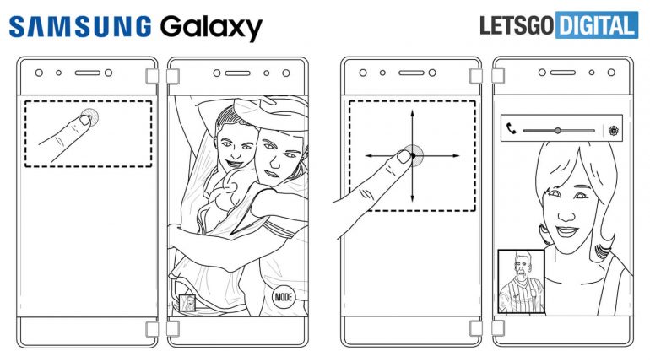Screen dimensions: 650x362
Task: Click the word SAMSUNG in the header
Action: coord(80,26)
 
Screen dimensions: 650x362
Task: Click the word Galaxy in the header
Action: coord(211,28)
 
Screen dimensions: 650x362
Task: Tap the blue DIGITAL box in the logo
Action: coord(597,24)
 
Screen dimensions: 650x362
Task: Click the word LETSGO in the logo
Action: coord(517,25)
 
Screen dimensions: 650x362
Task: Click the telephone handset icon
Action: coord(512,129)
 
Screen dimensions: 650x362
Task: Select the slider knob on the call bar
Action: coord(558,131)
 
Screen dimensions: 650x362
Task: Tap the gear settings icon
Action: coord(614,131)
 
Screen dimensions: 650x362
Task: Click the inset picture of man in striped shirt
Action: coord(521,282)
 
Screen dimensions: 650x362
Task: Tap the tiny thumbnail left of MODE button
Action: coord(187,303)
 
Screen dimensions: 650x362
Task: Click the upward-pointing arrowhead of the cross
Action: coord(412,113)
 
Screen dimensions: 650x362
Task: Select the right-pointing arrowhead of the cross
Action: coord(456,156)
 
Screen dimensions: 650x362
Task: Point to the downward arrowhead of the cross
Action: coord(412,198)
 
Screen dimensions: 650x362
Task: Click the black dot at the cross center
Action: coord(413,156)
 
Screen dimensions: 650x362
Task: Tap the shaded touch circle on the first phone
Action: coord(90,116)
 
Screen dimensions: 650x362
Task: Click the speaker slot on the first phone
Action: coord(88,73)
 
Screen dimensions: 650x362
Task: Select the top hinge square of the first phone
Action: coord(152,76)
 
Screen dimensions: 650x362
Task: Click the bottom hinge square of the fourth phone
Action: coord(498,328)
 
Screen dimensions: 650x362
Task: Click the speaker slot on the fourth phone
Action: coord(563,73)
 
